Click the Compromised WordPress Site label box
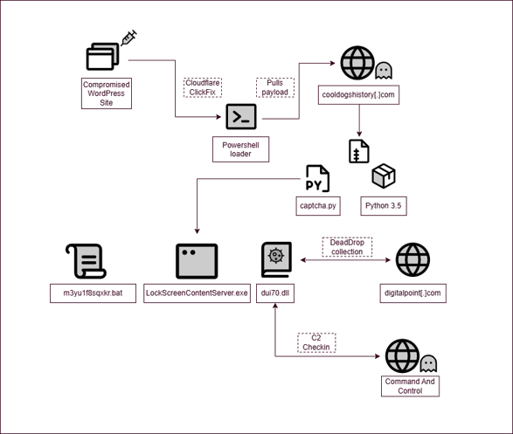[107, 93]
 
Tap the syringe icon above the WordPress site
[128, 38]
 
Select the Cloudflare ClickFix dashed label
[203, 87]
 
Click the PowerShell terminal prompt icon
[241, 117]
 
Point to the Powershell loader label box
[241, 149]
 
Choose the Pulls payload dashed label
[275, 87]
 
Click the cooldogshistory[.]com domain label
[358, 95]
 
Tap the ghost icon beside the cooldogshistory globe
[384, 71]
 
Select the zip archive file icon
[359, 151]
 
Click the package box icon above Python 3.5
[384, 176]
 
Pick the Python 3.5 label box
[384, 206]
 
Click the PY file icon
[317, 178]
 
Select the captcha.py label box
[318, 206]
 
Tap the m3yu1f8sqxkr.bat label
[93, 293]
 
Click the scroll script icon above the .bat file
[86, 261]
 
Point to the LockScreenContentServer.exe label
[197, 293]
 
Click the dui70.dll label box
[275, 293]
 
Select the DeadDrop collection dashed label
[347, 247]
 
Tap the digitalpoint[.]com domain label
[412, 293]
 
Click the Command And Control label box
[410, 386]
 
